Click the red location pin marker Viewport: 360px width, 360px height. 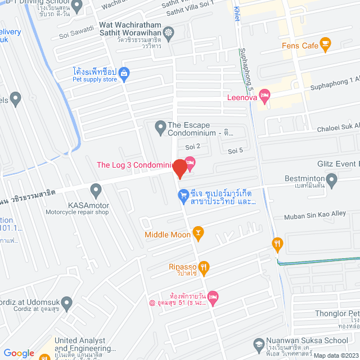click(x=179, y=169)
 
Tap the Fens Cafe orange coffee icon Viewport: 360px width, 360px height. click(x=325, y=43)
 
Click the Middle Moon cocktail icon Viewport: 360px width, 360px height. click(x=197, y=231)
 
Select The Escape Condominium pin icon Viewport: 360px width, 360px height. click(x=160, y=126)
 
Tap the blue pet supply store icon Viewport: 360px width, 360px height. click(x=124, y=72)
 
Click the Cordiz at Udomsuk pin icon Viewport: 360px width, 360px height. click(x=67, y=304)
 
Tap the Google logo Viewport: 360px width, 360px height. click(x=19, y=353)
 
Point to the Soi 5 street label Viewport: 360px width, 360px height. click(x=235, y=150)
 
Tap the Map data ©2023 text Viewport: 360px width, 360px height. click(x=336, y=355)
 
